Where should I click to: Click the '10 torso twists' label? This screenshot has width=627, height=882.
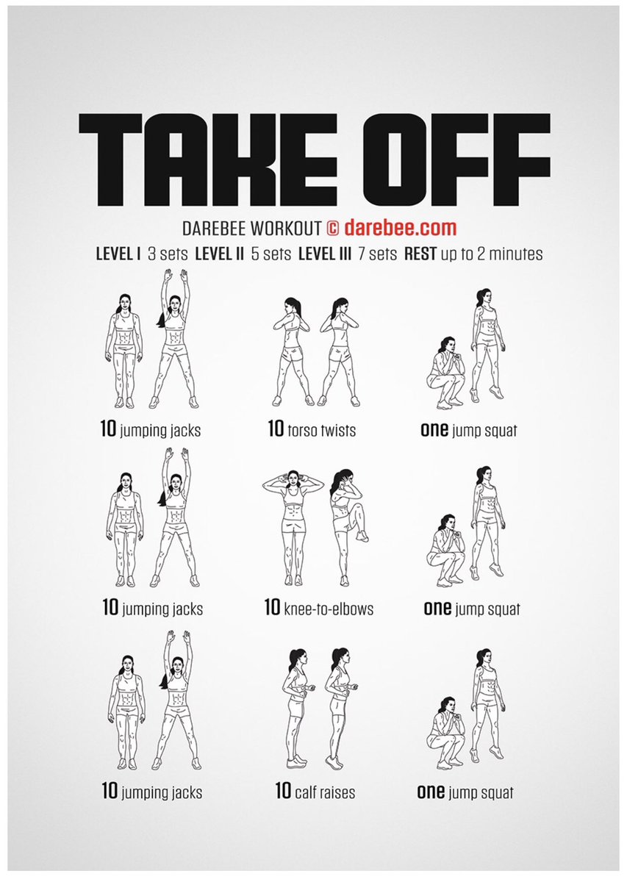(x=312, y=429)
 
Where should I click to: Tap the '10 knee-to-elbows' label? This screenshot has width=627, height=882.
(x=318, y=609)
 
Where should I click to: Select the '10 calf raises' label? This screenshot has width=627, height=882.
(x=315, y=792)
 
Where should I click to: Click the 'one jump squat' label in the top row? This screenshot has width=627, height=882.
(x=468, y=430)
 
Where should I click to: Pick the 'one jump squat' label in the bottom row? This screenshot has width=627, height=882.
(x=465, y=792)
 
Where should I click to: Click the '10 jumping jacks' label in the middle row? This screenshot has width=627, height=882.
(x=152, y=609)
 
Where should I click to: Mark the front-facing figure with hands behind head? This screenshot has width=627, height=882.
(x=293, y=525)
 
